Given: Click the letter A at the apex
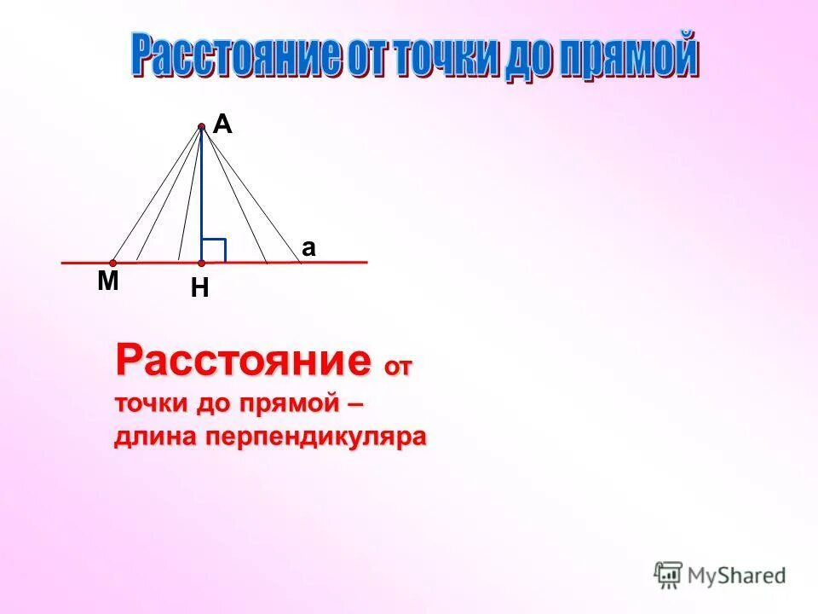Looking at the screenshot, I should click(x=222, y=125).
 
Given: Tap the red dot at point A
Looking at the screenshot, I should click(x=202, y=127).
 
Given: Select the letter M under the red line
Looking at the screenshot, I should click(x=107, y=281).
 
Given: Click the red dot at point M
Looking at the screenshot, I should click(x=112, y=264).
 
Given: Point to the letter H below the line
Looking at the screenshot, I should click(x=200, y=289).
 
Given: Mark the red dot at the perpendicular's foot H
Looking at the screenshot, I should click(x=202, y=263).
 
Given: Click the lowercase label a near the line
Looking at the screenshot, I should click(x=308, y=248).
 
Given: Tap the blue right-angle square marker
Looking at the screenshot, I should click(x=214, y=250).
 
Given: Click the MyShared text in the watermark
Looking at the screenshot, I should click(x=737, y=575).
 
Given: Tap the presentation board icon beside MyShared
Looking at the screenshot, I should click(x=669, y=575).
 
